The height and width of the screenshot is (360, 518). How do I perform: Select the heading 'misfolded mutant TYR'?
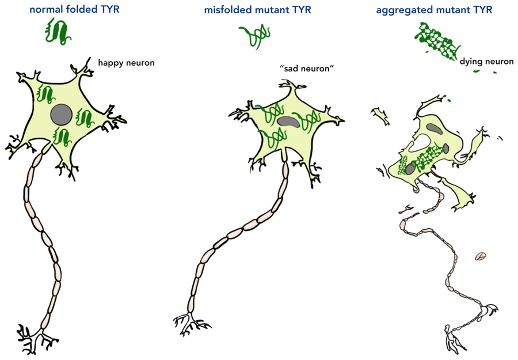point(257,10)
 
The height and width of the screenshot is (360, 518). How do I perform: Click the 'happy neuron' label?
point(126,62)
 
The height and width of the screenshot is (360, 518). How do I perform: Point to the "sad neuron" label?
point(307,69)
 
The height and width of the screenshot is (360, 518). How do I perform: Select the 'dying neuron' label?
point(486,61)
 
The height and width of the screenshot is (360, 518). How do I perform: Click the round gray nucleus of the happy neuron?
point(61,113)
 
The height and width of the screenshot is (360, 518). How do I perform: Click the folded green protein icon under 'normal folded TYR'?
point(58,31)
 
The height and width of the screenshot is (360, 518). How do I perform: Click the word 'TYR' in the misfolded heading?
point(301,10)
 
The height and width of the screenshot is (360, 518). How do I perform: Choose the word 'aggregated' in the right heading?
point(403,10)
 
